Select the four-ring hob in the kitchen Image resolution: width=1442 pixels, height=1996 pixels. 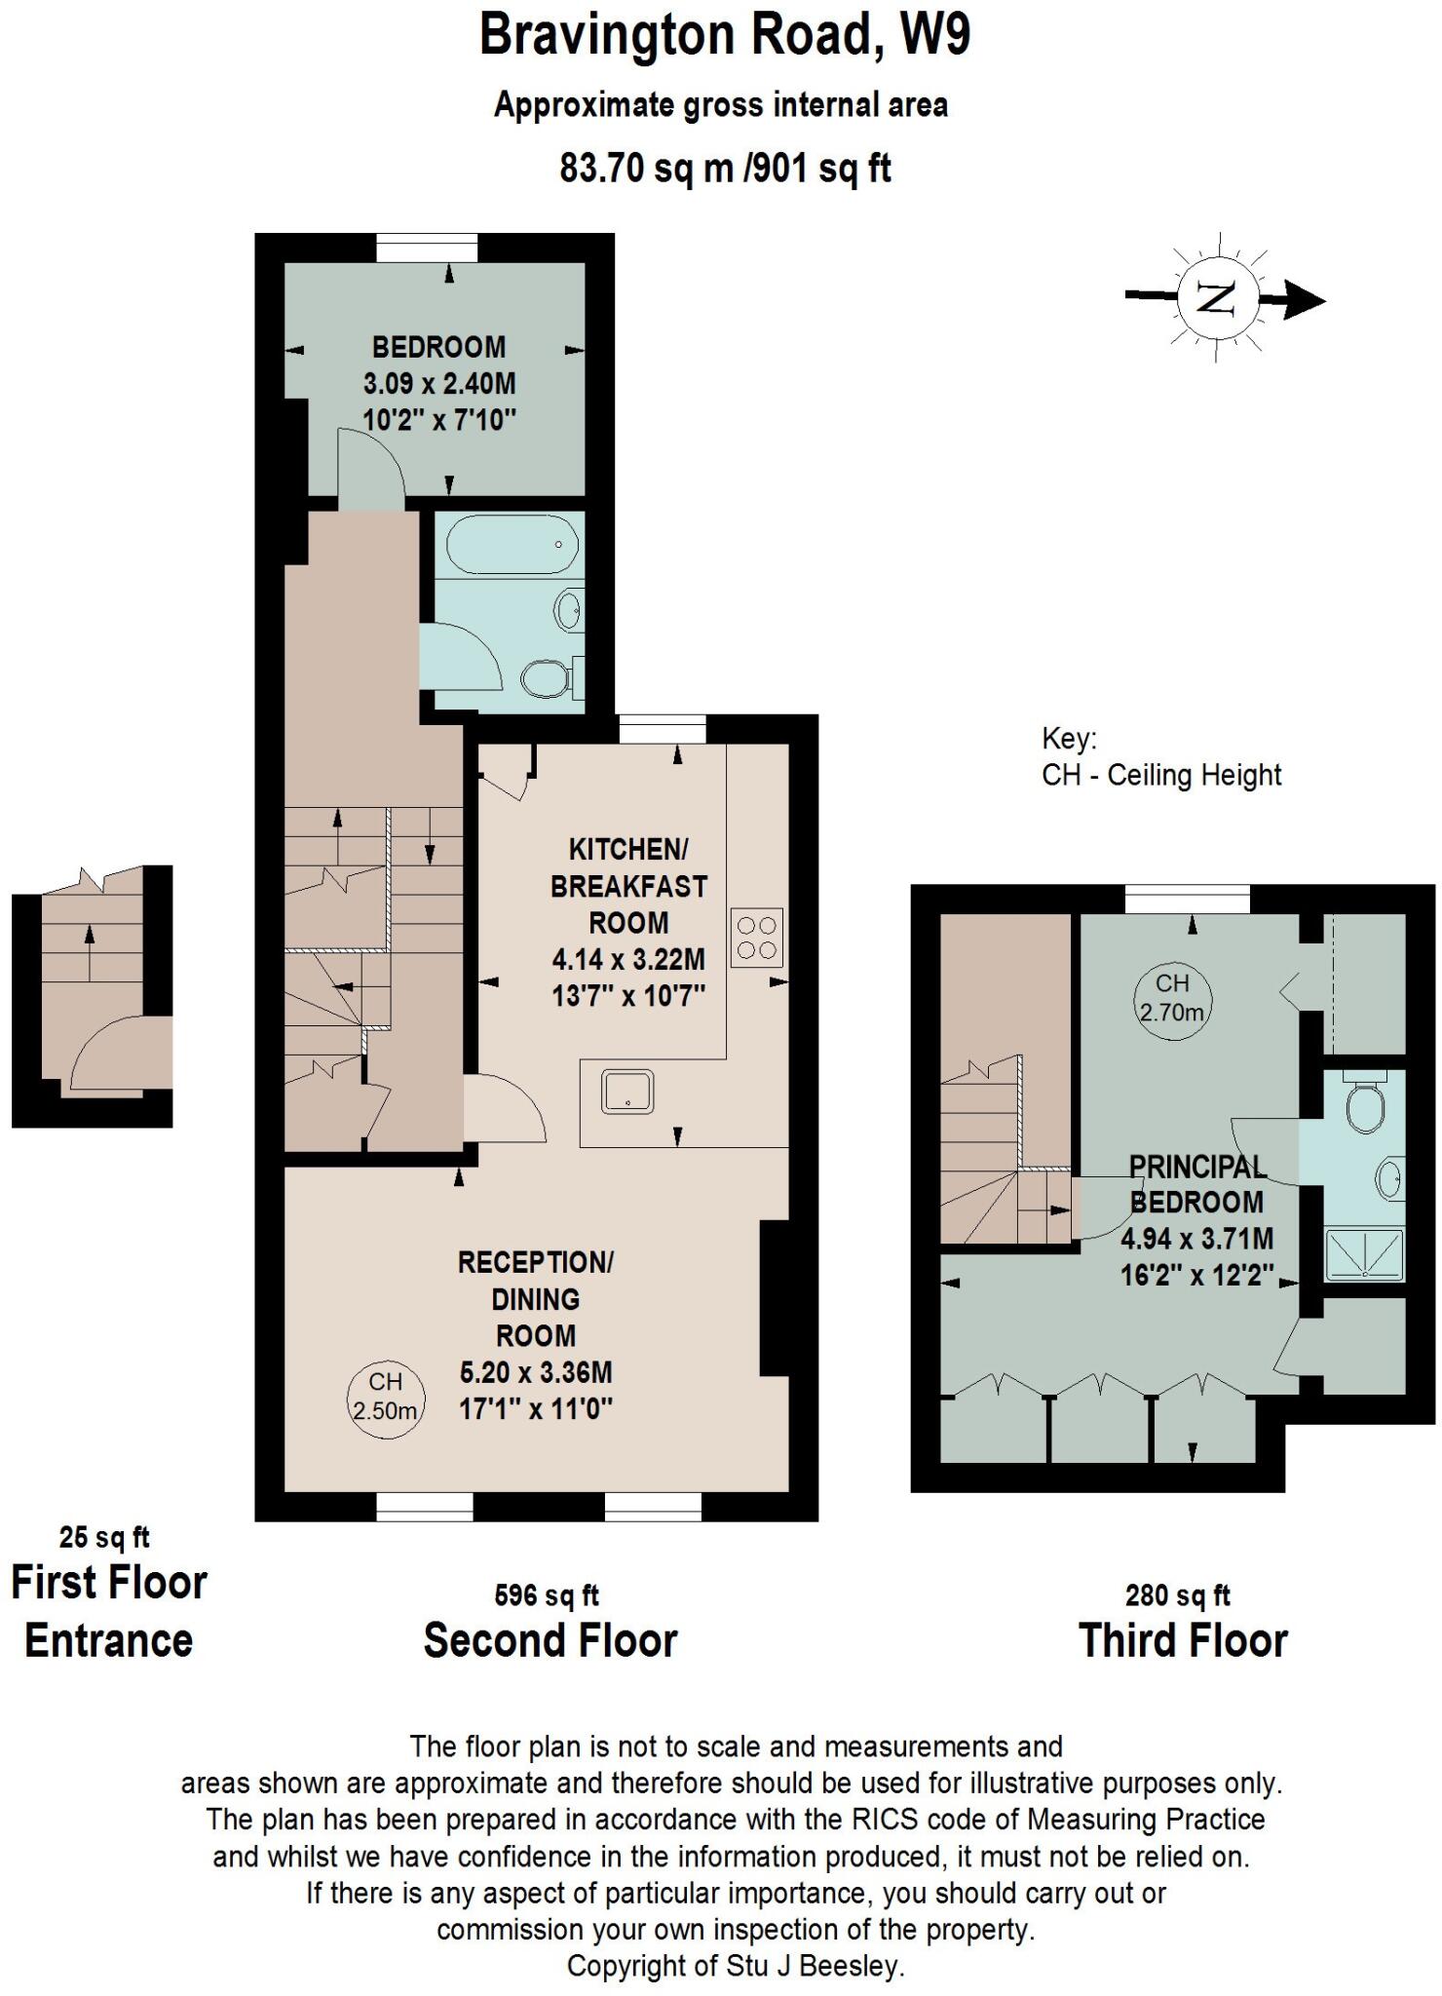[x=757, y=937]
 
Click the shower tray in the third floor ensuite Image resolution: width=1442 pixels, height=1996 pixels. [x=1364, y=1254]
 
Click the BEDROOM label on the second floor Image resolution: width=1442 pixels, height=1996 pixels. [x=438, y=347]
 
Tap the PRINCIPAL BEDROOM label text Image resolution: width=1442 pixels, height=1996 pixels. [x=1196, y=1184]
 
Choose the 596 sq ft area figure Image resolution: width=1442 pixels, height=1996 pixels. [x=547, y=1595]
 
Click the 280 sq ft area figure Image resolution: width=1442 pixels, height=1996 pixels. [x=1177, y=1595]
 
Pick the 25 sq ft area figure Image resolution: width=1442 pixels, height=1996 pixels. [x=104, y=1537]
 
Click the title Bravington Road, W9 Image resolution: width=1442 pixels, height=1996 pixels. [x=725, y=35]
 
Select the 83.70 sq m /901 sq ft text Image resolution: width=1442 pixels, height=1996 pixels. [x=725, y=168]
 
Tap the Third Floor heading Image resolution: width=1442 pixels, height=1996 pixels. [x=1183, y=1641]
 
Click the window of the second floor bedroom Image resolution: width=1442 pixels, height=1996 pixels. [x=428, y=248]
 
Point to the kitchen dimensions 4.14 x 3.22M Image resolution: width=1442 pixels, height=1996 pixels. [x=628, y=960]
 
